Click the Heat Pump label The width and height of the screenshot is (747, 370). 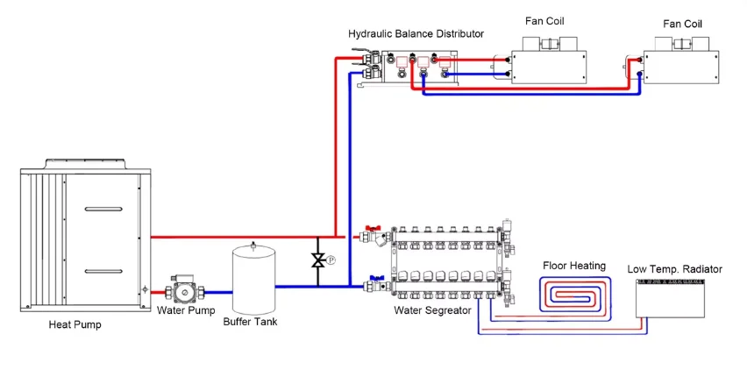coord(75,325)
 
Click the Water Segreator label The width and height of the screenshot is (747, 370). coord(433,310)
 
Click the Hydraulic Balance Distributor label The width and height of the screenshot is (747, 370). coord(416,34)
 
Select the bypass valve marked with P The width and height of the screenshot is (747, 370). coord(319,260)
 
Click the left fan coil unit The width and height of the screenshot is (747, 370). coord(548,62)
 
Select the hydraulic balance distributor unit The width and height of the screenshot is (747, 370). coord(412,69)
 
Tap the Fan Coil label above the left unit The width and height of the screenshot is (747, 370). coord(549,20)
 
